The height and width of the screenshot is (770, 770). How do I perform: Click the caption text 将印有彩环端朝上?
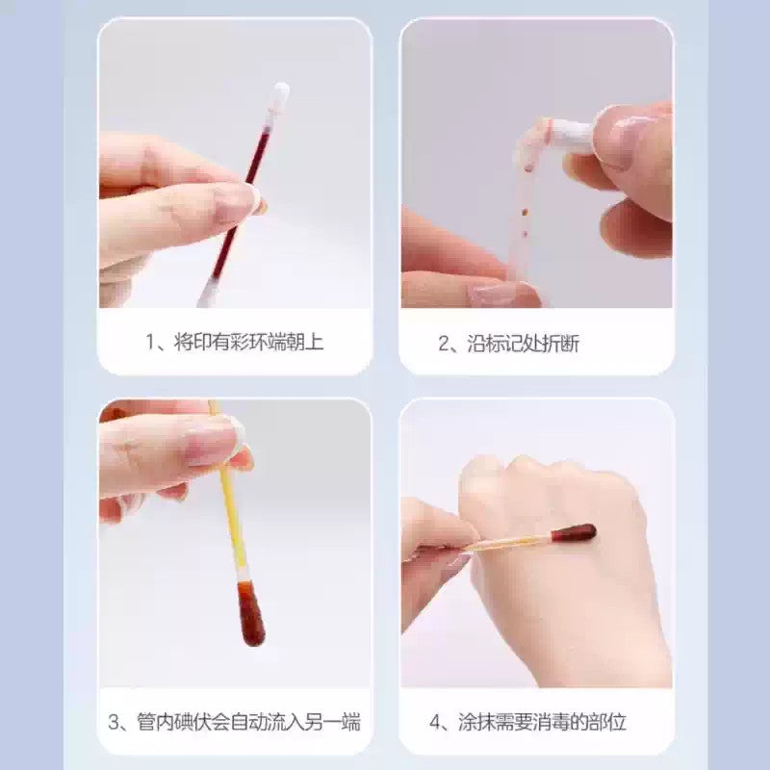pos(248,343)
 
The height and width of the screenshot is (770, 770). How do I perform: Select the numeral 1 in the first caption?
pos(150,343)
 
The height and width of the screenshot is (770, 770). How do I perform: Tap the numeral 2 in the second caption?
pos(444,343)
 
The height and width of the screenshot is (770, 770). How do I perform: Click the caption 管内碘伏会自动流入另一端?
pos(247,721)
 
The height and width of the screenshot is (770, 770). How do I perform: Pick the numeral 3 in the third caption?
pos(114,721)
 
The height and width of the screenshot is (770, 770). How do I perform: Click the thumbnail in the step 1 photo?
pos(236,199)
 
